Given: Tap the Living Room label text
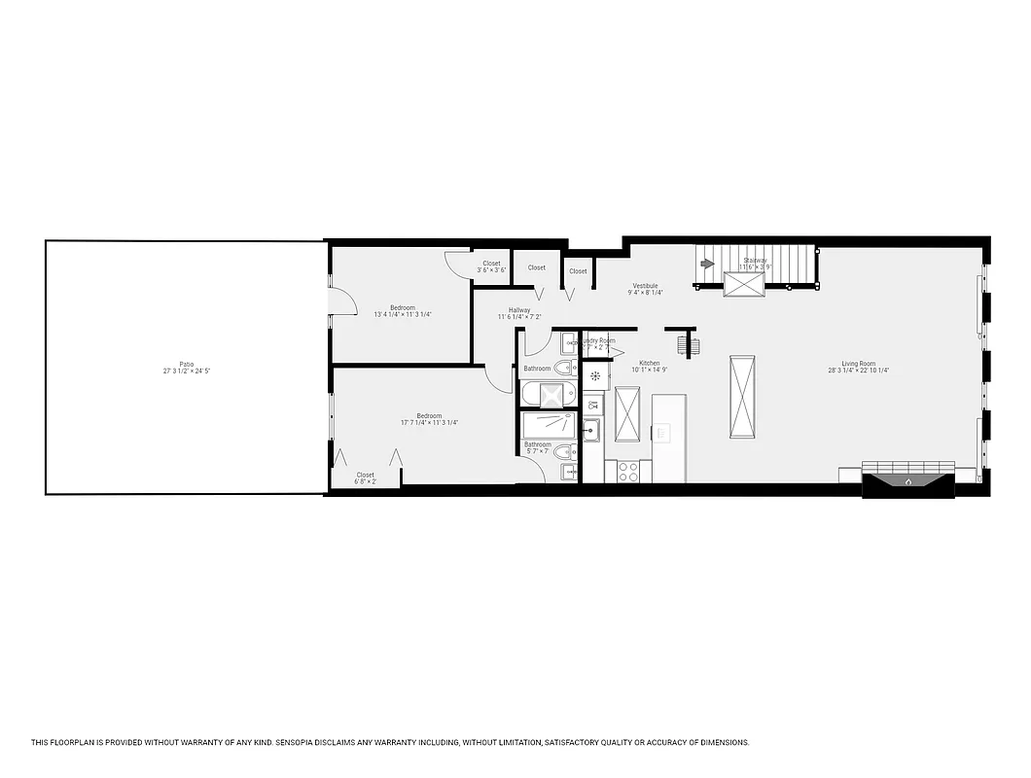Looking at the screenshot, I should coord(859,364).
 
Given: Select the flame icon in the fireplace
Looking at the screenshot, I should coord(908,481).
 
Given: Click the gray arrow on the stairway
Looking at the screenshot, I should coord(706,262).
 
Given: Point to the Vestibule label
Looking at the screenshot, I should coord(645,286).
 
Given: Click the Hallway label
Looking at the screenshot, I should coord(519,310).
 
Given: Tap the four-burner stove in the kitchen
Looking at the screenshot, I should coord(628,472).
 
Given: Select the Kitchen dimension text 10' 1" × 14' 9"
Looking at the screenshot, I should coord(649,371).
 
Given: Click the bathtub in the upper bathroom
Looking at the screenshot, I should coord(550,395).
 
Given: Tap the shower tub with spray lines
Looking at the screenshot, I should coord(550,425).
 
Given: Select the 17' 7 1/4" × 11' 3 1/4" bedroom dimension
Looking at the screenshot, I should coord(429,423).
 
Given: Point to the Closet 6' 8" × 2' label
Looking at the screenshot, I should coord(365,478).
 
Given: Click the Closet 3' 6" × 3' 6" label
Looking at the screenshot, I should coord(491,265).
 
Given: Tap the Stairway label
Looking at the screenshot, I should coord(755,261).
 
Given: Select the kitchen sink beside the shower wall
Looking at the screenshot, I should coord(591,430).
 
